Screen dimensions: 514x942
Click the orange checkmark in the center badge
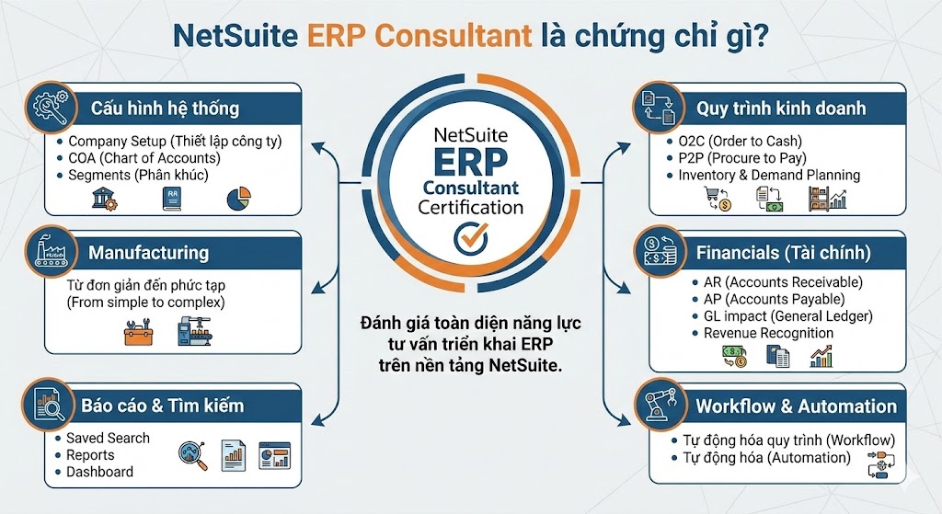point(471,238)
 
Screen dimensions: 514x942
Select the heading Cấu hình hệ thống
point(165,108)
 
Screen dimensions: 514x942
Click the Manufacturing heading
point(148,252)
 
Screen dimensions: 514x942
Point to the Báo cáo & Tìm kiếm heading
point(162,405)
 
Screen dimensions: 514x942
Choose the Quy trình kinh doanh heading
point(781,108)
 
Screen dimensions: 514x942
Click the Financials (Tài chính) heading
point(783,252)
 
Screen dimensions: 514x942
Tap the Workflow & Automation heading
point(796,405)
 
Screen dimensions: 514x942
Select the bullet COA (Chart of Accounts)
point(144,158)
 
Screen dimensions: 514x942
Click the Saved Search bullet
point(108,438)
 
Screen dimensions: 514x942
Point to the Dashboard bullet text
point(99,472)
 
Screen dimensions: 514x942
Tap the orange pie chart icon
point(238,199)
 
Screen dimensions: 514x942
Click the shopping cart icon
point(715,198)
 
